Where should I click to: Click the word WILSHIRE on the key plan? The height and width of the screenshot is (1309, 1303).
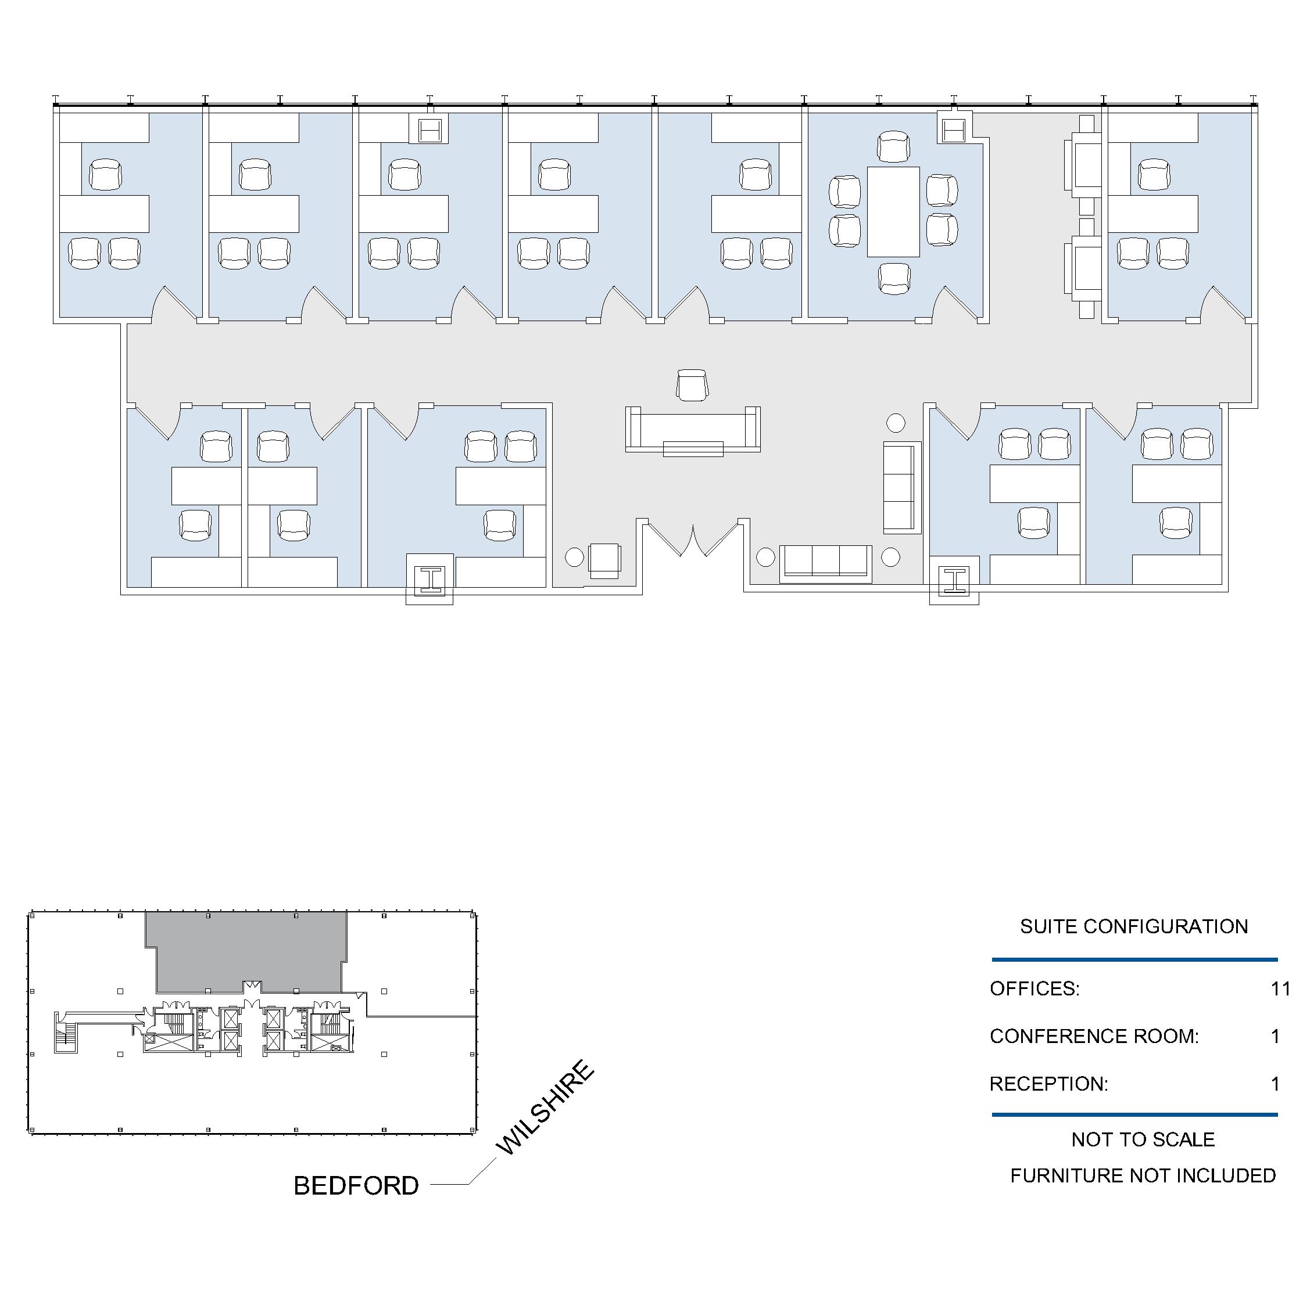point(545,1107)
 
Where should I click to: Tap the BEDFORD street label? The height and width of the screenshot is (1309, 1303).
point(356,1186)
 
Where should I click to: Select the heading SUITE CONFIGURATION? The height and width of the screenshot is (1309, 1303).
point(1133,926)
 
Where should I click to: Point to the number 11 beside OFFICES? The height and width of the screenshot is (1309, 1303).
point(1280,988)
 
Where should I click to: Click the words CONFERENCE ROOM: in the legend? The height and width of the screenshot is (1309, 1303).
point(1094,1036)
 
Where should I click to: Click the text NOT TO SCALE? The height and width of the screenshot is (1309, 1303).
point(1143,1139)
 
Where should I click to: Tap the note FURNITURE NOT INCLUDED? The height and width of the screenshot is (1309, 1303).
point(1143,1175)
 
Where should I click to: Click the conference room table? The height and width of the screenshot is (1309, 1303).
point(893,211)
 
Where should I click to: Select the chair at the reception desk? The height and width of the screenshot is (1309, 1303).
point(692,385)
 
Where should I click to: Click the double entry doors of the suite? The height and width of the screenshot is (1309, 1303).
point(692,540)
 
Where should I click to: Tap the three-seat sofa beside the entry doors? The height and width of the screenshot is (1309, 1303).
point(826,563)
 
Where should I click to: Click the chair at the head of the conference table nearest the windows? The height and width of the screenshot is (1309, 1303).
point(893,147)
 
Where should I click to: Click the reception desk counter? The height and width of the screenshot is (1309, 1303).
point(692,430)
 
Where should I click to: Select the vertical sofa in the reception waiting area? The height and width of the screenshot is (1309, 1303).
point(901,487)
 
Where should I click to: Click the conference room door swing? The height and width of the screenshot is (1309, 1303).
point(956,304)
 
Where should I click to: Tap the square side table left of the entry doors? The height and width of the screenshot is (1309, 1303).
point(604,560)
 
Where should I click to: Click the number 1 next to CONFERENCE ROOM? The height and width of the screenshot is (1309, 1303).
point(1275,1036)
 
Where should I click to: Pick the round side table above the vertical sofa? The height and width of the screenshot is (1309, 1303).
point(896,423)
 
